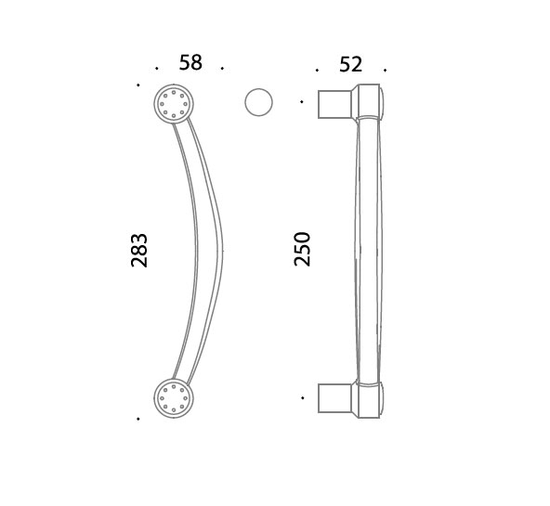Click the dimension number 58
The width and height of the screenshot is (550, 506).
click(x=190, y=63)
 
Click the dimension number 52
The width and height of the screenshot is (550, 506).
click(x=350, y=64)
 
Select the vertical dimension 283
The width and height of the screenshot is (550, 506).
click(x=139, y=250)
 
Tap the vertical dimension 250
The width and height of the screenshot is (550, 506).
click(x=302, y=249)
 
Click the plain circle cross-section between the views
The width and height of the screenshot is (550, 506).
click(x=258, y=102)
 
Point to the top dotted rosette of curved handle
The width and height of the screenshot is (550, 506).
click(x=174, y=104)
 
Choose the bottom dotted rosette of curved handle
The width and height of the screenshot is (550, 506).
click(x=174, y=398)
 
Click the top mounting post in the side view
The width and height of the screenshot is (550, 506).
click(x=334, y=104)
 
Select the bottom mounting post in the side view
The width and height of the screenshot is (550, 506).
click(x=334, y=398)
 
